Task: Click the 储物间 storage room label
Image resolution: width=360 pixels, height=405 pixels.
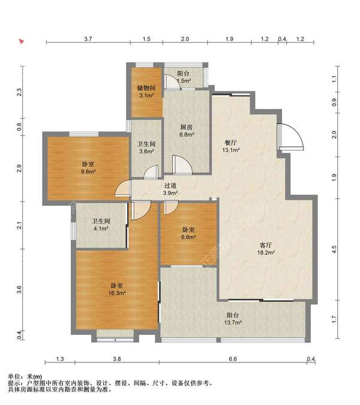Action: tap(146, 88)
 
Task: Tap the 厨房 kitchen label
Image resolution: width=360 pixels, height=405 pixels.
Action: tap(187, 127)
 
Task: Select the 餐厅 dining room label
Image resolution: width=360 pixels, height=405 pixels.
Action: tap(231, 143)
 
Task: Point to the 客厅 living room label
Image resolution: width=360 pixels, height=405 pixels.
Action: tap(266, 245)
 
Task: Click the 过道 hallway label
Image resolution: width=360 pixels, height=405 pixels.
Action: tap(170, 185)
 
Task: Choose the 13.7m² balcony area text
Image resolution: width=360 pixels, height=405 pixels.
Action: tap(233, 322)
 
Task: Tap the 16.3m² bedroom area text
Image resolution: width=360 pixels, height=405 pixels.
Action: tap(117, 293)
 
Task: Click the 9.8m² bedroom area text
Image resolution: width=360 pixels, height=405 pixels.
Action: tap(89, 171)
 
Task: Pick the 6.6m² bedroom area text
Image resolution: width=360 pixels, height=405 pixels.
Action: tap(188, 236)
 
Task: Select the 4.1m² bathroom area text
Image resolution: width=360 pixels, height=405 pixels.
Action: tap(101, 229)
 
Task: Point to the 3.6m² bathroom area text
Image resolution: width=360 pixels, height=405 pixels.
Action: tap(146, 151)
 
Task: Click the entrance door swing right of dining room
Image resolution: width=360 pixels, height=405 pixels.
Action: tap(291, 137)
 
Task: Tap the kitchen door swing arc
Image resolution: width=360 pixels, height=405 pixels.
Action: tap(182, 164)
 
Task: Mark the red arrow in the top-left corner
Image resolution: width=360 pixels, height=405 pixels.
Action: tap(22, 41)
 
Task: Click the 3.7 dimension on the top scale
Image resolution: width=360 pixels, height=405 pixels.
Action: tap(88, 39)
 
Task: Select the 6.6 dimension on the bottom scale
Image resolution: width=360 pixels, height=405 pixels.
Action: tap(233, 359)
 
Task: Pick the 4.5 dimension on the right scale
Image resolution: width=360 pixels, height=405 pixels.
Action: tap(334, 249)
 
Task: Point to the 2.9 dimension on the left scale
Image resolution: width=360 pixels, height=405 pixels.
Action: tap(19, 169)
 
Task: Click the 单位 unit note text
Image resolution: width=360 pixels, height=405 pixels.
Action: tap(14, 377)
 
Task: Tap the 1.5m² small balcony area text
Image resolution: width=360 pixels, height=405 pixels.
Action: tap(184, 80)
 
